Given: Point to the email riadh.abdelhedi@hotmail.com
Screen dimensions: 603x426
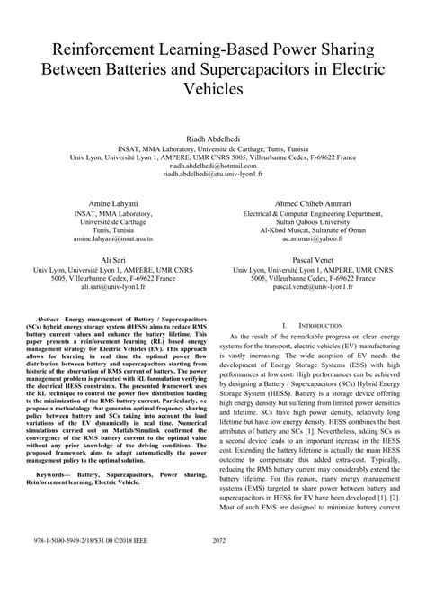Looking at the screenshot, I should [212, 166].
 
